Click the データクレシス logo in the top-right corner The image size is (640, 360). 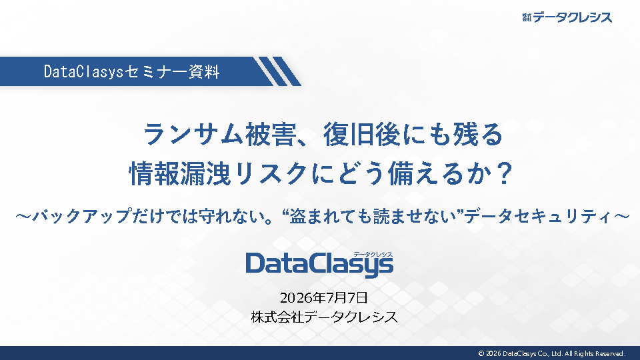[x=567, y=17]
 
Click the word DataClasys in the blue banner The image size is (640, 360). [x=83, y=72]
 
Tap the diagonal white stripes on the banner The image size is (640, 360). [x=277, y=71]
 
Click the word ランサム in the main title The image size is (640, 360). [x=194, y=135]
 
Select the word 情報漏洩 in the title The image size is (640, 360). [x=179, y=174]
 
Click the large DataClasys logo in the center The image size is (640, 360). [x=319, y=264]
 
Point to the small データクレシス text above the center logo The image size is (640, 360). [x=373, y=254]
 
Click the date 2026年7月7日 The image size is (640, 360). [x=324, y=297]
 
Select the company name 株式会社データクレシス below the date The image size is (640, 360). [x=325, y=317]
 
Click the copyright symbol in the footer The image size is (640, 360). [x=481, y=353]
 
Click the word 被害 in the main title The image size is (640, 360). [x=270, y=135]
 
